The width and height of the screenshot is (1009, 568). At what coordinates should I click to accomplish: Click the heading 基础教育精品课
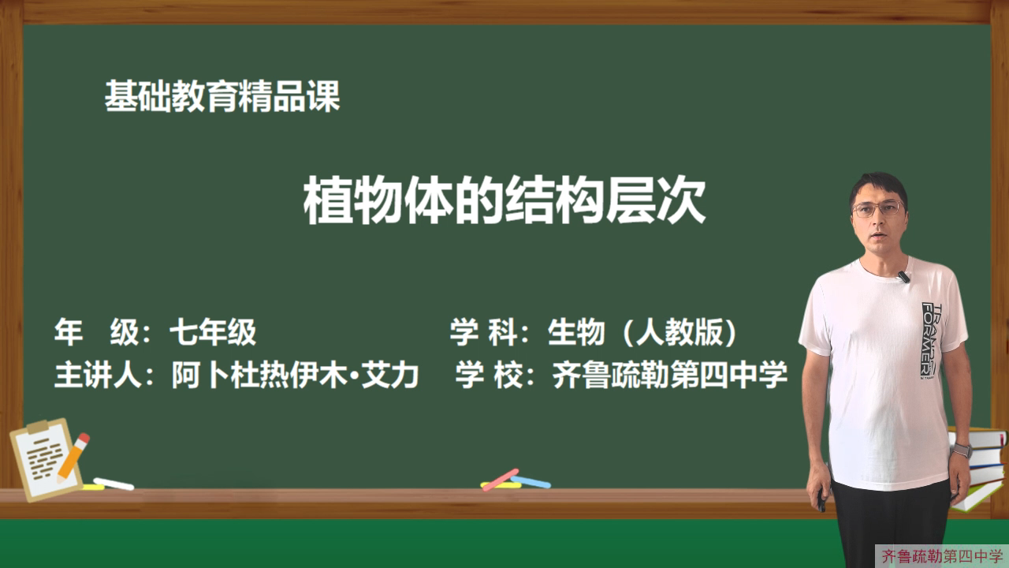[x=222, y=96]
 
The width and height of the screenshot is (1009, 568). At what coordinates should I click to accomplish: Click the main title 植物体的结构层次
[x=504, y=200]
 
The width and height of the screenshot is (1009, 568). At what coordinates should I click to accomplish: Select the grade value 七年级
[x=213, y=332]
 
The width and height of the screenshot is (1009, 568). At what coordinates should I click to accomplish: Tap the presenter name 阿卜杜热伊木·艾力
[x=296, y=375]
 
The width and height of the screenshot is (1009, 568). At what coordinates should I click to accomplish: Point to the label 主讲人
[x=98, y=375]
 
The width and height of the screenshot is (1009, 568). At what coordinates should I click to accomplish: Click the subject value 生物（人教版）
[x=642, y=332]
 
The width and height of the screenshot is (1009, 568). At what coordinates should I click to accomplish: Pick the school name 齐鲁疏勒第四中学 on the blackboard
[x=670, y=375]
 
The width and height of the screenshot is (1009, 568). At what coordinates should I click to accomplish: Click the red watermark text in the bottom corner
[x=942, y=556]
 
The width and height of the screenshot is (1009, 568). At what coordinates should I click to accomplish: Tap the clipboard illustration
[x=45, y=460]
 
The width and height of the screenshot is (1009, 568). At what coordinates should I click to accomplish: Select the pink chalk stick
[x=500, y=480]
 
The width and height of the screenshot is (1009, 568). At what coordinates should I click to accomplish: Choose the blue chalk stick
[x=531, y=482]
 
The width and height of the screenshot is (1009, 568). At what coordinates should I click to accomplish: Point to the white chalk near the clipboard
[x=114, y=484]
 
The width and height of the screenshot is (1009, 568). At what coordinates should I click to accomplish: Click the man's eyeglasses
[x=877, y=209]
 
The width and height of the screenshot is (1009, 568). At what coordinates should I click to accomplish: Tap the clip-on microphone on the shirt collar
[x=903, y=276]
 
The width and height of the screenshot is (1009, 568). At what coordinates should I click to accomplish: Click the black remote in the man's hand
[x=821, y=499]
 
